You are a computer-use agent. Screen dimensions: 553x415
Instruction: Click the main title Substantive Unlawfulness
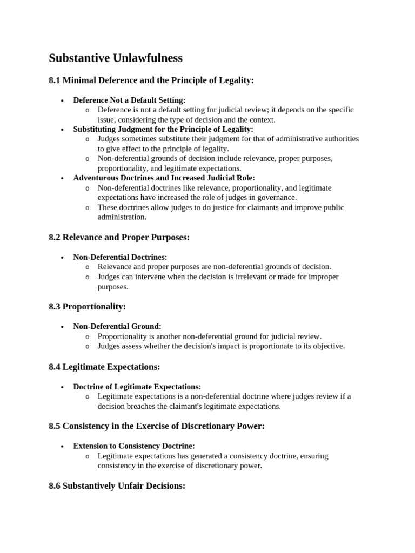pyautogui.click(x=116, y=58)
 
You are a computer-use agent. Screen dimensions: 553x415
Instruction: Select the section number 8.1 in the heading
pyautogui.click(x=55, y=80)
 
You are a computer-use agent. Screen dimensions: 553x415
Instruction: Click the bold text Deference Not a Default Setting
pyautogui.click(x=129, y=100)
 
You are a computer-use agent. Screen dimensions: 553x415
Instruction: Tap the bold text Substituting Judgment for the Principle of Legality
pyautogui.click(x=163, y=129)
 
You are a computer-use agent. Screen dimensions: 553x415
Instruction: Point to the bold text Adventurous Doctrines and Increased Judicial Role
pyautogui.click(x=164, y=178)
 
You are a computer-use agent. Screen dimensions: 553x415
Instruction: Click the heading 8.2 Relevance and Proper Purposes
pyautogui.click(x=119, y=237)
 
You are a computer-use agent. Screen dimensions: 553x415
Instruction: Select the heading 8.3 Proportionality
pyautogui.click(x=87, y=306)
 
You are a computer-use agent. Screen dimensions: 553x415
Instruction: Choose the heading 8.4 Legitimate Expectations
pyautogui.click(x=104, y=367)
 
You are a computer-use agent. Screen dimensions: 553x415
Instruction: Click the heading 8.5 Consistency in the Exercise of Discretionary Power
pyautogui.click(x=156, y=426)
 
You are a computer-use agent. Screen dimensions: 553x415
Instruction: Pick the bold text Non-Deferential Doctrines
pyautogui.click(x=120, y=257)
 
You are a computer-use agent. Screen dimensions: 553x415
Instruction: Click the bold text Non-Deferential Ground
pyautogui.click(x=117, y=326)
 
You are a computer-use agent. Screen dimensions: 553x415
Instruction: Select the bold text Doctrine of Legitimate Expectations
pyautogui.click(x=137, y=387)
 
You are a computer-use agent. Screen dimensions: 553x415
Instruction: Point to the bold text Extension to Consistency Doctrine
pyautogui.click(x=134, y=446)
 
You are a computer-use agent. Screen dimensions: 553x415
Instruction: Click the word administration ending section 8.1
pyautogui.click(x=122, y=217)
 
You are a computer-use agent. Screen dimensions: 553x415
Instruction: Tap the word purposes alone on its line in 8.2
pyautogui.click(x=113, y=287)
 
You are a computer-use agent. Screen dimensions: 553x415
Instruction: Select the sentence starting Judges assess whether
pyautogui.click(x=221, y=346)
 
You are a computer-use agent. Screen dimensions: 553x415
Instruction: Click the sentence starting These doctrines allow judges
pyautogui.click(x=220, y=207)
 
